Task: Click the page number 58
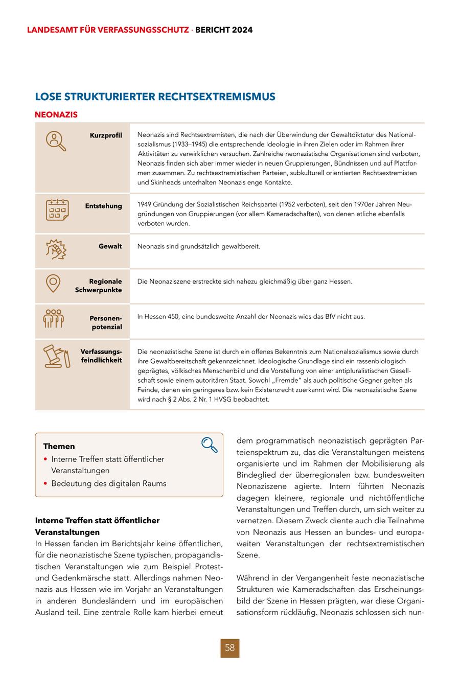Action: coord(230,648)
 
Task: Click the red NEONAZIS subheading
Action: coord(56,114)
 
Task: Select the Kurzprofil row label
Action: coord(106,135)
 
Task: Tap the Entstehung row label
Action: coord(103,206)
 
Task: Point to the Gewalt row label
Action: coord(110,246)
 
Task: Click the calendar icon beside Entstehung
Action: coord(57,209)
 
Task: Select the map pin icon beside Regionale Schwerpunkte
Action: coord(53,283)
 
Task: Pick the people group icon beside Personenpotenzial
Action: coord(53,318)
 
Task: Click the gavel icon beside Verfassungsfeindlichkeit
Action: coord(56,357)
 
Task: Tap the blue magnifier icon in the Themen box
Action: coord(210,445)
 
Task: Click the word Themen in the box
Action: coord(59,446)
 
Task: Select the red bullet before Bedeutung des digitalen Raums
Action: coord(45,483)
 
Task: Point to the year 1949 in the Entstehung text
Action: coord(145,204)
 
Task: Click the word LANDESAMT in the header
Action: coord(50,30)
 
